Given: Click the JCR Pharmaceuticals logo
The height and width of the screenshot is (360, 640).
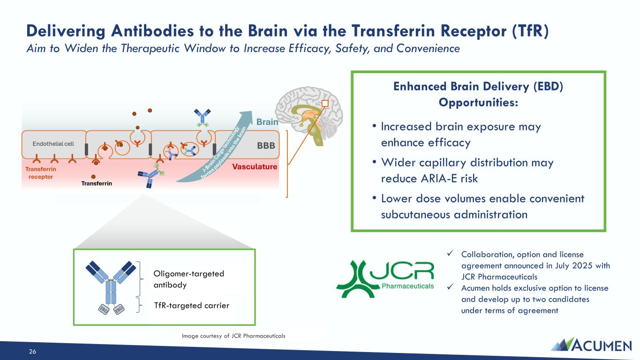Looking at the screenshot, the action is [x=385, y=279].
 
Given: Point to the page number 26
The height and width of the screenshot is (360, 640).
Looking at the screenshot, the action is [x=32, y=352].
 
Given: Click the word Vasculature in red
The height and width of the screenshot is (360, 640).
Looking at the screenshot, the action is [x=255, y=166].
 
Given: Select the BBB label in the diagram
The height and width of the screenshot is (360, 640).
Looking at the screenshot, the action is [x=266, y=146].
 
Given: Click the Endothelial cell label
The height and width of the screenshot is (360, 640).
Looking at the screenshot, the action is [x=53, y=144].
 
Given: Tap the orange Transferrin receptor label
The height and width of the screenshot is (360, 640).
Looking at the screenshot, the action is [x=41, y=173].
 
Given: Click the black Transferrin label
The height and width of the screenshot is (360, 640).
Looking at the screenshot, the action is [x=97, y=183].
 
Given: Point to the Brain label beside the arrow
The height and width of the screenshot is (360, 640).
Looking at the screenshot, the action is [x=267, y=122].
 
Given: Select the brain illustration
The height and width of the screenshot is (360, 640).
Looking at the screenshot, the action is [x=309, y=116].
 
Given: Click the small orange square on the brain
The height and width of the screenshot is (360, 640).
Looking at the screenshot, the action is [x=325, y=103].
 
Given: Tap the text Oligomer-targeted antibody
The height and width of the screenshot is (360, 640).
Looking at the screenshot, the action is [x=189, y=279].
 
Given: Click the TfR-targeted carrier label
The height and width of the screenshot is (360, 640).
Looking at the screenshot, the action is [x=192, y=306].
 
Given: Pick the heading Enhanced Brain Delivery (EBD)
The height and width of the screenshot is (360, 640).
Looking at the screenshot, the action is [x=478, y=86].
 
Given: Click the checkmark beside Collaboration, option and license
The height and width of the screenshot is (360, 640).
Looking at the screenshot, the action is [x=450, y=253].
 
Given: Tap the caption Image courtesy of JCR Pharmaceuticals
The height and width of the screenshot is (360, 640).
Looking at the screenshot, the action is [x=233, y=336].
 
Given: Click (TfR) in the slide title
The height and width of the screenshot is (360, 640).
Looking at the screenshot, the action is [x=530, y=31].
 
